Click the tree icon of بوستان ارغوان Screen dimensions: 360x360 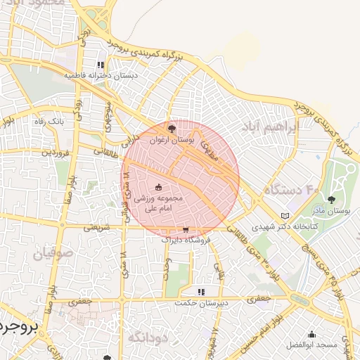tap(172, 128)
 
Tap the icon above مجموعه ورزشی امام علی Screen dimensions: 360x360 tap(157, 186)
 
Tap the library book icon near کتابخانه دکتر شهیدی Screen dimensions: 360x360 tap(284, 215)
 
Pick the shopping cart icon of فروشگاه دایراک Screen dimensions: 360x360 tap(185, 229)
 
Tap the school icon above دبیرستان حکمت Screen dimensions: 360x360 tap(200, 291)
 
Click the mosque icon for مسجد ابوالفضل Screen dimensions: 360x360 tap(312, 334)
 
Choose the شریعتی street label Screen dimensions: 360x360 tap(96, 227)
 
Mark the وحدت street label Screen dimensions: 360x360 tap(167, 268)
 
